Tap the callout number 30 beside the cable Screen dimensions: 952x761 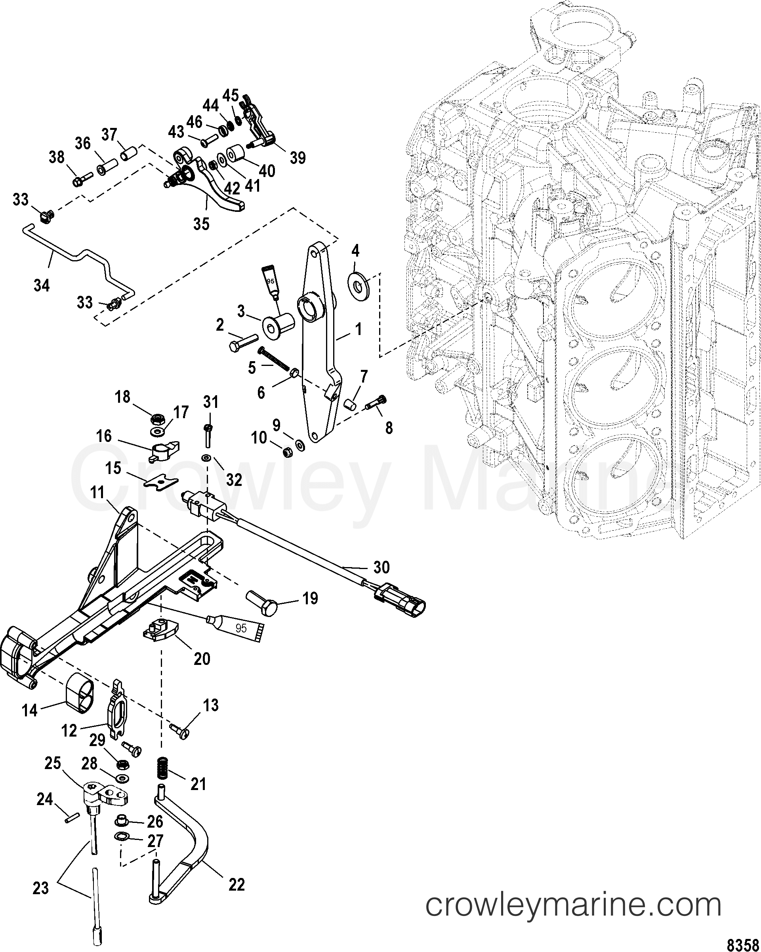(381, 567)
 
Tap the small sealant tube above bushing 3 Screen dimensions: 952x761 (271, 280)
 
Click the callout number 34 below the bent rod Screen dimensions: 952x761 (42, 285)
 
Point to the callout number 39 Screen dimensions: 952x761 (298, 158)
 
